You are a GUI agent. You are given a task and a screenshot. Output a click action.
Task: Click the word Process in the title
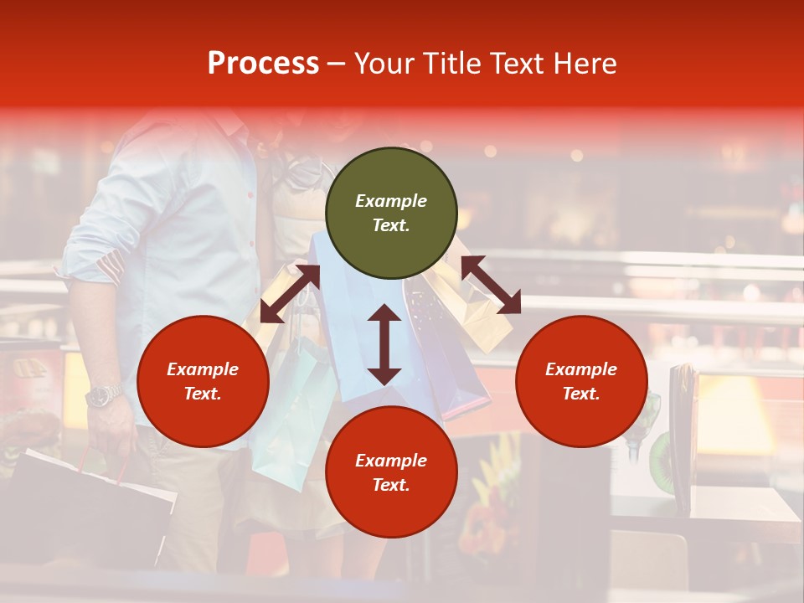click(263, 64)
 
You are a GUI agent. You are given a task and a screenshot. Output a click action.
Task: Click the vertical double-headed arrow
click(384, 344)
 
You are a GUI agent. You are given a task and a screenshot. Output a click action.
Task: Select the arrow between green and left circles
click(290, 294)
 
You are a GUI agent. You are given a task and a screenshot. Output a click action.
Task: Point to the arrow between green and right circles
click(491, 285)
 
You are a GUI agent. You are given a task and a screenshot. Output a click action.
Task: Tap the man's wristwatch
click(104, 394)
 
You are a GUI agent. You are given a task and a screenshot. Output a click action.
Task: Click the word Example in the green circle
click(391, 201)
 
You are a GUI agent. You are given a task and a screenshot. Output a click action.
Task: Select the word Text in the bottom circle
click(391, 485)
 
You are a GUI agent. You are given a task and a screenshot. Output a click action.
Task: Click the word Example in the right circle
click(581, 369)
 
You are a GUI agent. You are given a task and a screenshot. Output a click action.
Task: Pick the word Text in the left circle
click(203, 394)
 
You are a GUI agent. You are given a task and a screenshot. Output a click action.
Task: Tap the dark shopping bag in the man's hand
click(84, 502)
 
